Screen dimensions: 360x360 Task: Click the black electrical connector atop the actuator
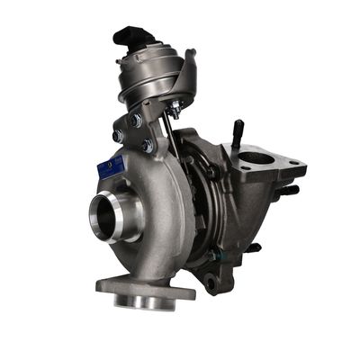pos(128,39)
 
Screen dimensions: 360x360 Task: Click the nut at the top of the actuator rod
pos(174,110)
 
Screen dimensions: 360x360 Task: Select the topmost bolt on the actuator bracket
pos(135,120)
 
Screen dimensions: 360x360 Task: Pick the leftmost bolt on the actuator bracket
pos(117,136)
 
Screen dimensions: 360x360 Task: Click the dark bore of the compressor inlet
pos(107,217)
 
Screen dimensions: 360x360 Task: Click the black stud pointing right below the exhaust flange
pos(288,190)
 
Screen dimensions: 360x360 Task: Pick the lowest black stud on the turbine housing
pos(255,247)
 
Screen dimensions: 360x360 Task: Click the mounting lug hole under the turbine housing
pos(211,285)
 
